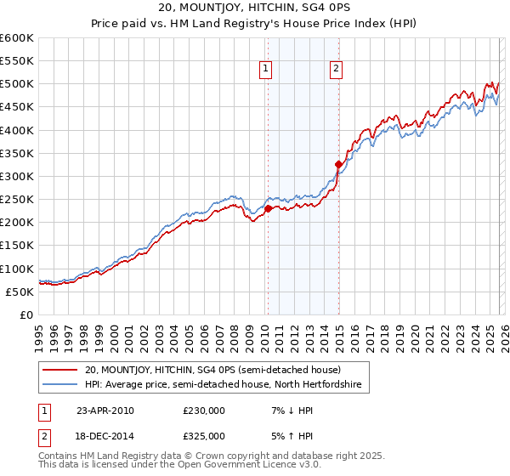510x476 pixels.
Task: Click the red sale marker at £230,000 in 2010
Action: point(268,208)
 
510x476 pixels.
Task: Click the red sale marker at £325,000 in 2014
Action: point(338,164)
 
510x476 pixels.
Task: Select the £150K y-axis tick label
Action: point(17,246)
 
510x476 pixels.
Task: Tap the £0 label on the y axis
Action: point(25,314)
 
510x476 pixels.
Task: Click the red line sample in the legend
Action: point(61,370)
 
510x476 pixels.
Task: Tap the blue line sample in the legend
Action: point(61,385)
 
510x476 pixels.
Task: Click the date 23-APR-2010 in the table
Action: point(105,411)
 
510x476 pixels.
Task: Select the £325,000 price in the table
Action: point(203,435)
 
